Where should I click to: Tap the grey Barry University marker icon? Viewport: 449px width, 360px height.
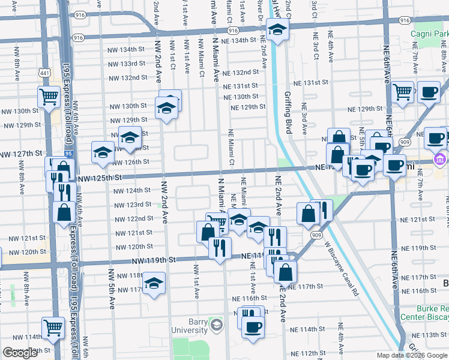click(x=216, y=326)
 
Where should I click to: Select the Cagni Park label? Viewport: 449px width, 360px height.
click(x=429, y=34)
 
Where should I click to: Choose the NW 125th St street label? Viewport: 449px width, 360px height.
click(x=100, y=178)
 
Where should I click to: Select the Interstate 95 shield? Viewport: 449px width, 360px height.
click(x=69, y=155)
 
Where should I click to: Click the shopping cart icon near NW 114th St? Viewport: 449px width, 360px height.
click(x=53, y=328)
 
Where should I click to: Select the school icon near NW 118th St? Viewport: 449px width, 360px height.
click(x=154, y=282)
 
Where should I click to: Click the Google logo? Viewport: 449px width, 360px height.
click(x=20, y=353)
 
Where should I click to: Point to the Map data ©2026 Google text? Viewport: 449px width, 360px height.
click(x=412, y=355)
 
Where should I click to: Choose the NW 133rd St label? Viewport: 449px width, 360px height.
click(x=125, y=64)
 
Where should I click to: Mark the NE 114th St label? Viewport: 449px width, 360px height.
click(x=307, y=329)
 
